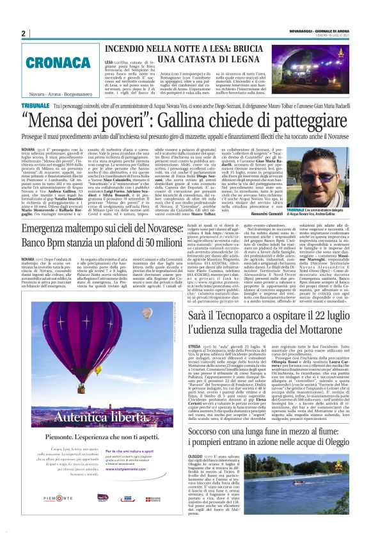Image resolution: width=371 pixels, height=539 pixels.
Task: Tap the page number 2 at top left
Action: click(23, 33)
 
